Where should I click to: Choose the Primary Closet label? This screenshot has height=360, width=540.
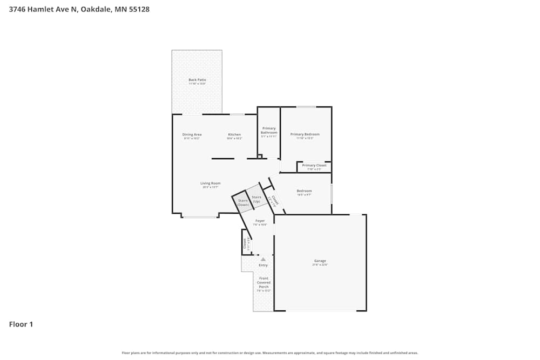pos(314,166)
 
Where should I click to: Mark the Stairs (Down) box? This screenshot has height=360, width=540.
pos(243,202)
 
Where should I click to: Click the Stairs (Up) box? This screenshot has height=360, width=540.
pos(256,199)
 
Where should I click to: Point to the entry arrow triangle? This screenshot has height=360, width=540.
pos(263,259)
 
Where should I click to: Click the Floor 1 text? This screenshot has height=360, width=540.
pos(21,324)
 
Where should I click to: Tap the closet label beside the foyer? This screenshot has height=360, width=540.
pos(245,244)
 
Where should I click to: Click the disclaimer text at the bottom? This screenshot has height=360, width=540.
pos(270,353)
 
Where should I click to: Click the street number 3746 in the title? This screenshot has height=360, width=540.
pos(18,9)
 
